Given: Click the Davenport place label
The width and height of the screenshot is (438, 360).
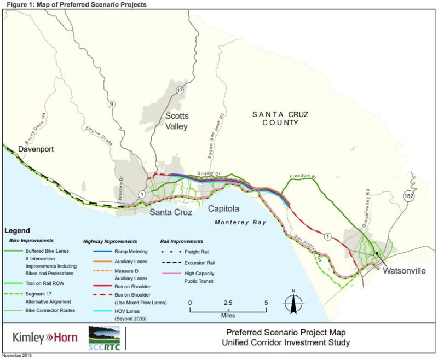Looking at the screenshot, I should click(x=36, y=149).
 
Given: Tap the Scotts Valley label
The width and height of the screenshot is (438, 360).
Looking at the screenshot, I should click(x=177, y=121).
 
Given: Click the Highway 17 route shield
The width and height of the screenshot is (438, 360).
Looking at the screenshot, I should click(x=180, y=89).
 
